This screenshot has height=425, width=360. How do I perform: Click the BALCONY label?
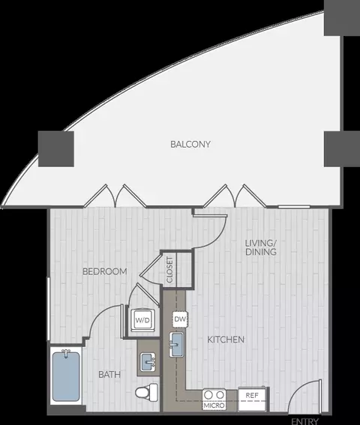click(190, 144)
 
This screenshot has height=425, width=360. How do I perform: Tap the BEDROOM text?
click(105, 271)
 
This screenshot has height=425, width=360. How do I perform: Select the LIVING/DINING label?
click(261, 247)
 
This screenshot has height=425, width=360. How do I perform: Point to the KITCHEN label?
click(226, 340)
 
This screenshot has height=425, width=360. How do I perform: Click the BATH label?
click(109, 375)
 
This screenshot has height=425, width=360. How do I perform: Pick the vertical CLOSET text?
click(169, 270)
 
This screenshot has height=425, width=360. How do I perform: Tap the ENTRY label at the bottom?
click(304, 421)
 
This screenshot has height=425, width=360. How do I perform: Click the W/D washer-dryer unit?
click(143, 320)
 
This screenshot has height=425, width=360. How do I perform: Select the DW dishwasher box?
click(180, 319)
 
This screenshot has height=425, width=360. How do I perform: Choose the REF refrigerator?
click(252, 399)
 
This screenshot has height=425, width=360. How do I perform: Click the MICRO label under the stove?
click(214, 406)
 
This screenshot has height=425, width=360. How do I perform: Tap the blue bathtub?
click(66, 376)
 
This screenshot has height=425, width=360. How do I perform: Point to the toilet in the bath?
click(146, 392)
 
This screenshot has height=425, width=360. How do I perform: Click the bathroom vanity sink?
click(148, 362)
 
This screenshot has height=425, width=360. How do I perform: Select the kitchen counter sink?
click(176, 344)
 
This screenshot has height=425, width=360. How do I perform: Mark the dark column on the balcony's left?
click(56, 149)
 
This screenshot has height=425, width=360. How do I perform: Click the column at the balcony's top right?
click(342, 17)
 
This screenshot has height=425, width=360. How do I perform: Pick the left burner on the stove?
click(208, 395)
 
